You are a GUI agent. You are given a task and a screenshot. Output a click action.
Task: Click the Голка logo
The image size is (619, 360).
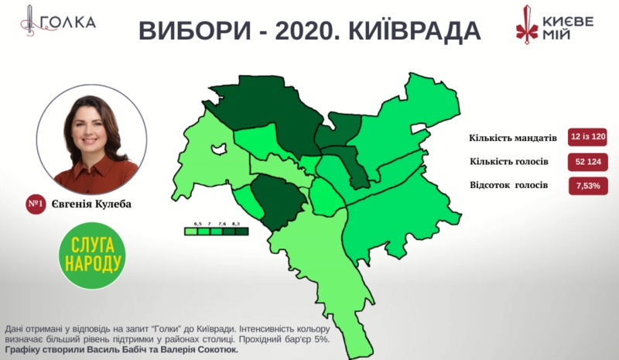coord(58,22)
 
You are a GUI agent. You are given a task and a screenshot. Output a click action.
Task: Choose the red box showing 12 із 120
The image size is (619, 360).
coord(588,137)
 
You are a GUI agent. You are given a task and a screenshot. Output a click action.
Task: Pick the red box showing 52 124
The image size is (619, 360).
coord(588,161)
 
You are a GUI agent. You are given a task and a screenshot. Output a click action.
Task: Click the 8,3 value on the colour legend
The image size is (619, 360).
coord(235,223)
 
